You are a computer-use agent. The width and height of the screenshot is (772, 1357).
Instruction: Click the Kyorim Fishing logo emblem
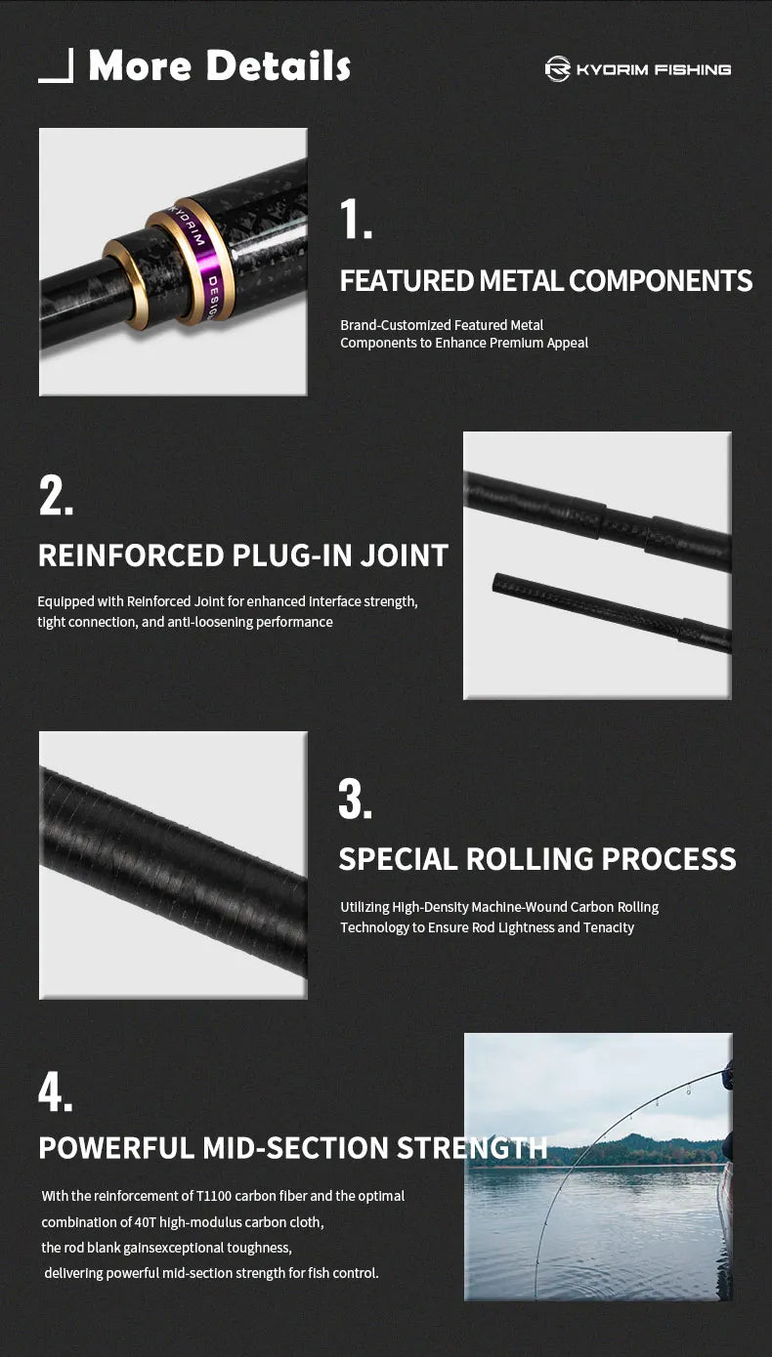558,69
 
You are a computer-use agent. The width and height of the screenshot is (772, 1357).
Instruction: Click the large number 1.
356,219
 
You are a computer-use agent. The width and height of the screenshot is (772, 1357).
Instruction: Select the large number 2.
56,496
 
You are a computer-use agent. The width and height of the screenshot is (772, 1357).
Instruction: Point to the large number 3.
355,799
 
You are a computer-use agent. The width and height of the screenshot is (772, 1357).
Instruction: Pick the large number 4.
55,1091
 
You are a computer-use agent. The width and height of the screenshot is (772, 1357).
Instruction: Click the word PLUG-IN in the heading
291,555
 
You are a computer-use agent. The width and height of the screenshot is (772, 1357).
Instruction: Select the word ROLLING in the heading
530,859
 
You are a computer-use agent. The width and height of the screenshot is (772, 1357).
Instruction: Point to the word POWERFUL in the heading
116,1148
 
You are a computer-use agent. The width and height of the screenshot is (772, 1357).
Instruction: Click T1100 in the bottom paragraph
214,1196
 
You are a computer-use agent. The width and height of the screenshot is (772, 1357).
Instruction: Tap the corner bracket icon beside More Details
56,65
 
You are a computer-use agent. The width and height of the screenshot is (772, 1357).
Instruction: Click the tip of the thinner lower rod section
495,582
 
